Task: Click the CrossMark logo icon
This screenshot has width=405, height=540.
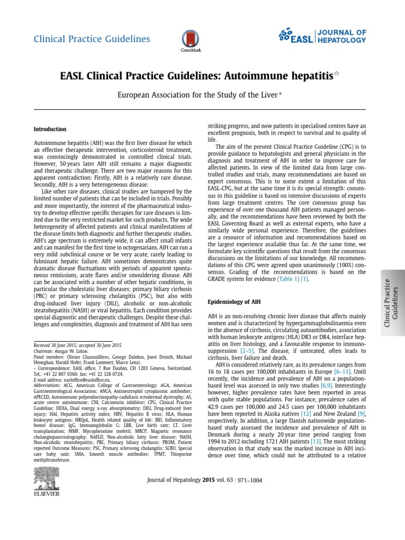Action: coord(187,40)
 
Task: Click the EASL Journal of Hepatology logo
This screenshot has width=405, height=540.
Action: coord(322,36)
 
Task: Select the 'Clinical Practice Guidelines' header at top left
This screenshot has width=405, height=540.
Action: coord(92,39)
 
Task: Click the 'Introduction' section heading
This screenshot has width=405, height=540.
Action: coord(50,129)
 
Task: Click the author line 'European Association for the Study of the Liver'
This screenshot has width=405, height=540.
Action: coord(198,95)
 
